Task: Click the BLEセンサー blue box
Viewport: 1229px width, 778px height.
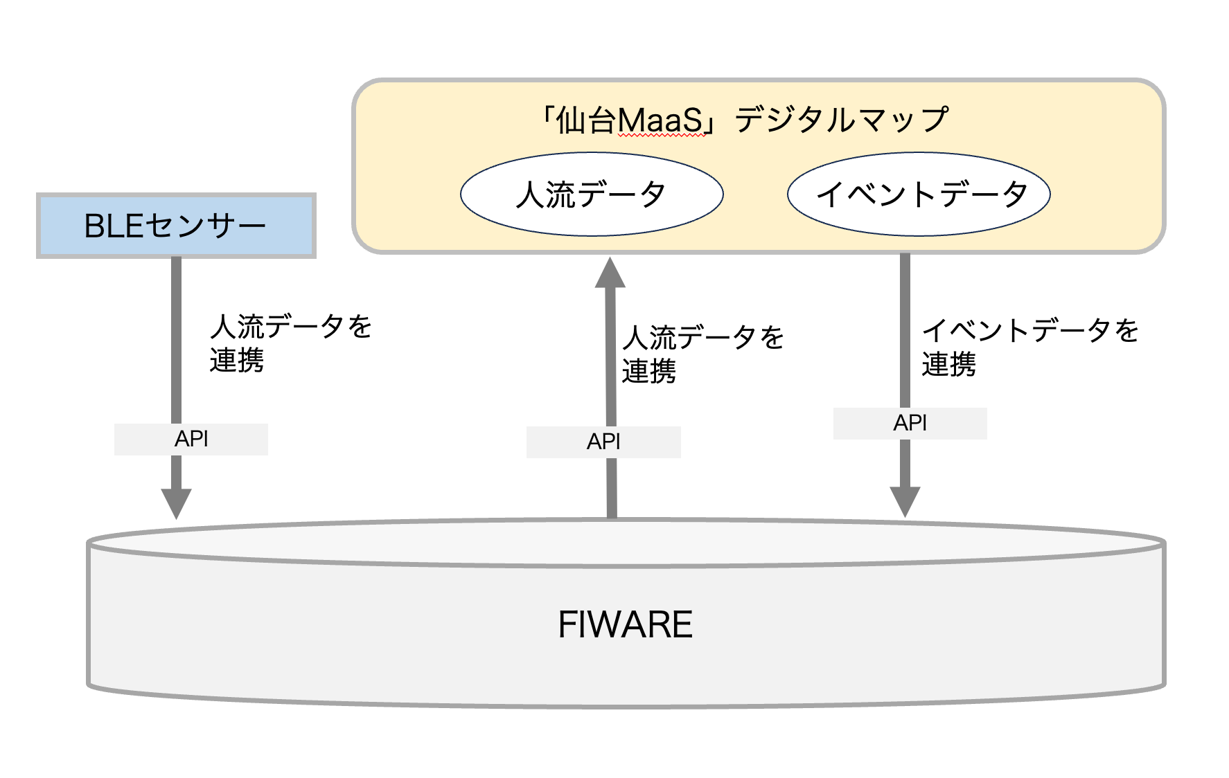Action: [x=176, y=226]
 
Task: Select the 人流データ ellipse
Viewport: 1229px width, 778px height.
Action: [x=592, y=194]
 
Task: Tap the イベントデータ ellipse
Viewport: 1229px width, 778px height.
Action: [x=919, y=194]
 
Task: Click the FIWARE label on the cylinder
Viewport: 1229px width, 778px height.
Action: [x=625, y=624]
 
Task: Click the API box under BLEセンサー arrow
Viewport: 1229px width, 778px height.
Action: [x=191, y=439]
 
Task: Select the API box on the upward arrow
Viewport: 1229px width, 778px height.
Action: [x=603, y=442]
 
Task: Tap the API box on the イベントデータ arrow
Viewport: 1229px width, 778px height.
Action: [x=910, y=423]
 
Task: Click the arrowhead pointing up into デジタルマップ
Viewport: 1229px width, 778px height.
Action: [x=610, y=273]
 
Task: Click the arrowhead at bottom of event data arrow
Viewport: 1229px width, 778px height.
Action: [x=905, y=501]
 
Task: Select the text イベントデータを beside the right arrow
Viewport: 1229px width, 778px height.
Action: [x=1030, y=330]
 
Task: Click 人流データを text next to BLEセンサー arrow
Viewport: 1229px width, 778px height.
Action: [x=291, y=326]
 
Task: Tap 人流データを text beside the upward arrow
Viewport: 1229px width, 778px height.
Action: [x=702, y=338]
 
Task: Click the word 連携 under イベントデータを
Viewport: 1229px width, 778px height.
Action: [x=948, y=364]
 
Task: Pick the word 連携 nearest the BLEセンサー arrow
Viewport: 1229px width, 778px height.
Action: [x=237, y=360]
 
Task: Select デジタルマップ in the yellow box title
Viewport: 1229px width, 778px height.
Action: [x=841, y=120]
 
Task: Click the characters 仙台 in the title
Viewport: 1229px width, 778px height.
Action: [x=586, y=121]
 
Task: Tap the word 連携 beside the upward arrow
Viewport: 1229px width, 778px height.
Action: [x=648, y=372]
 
